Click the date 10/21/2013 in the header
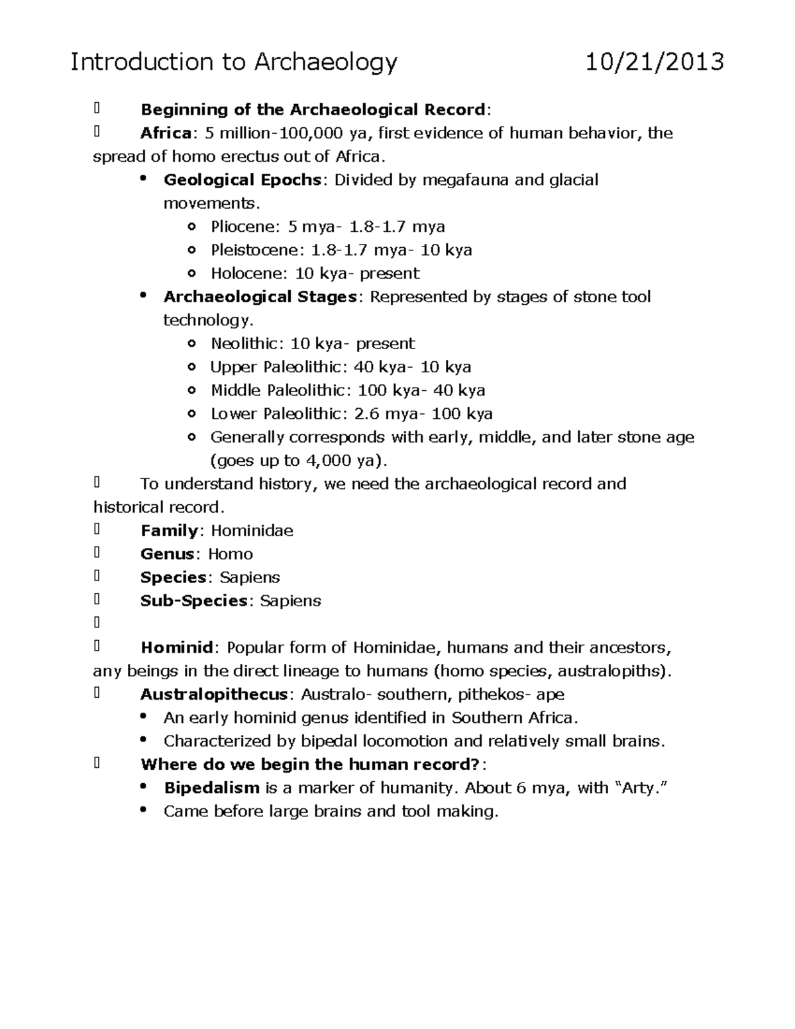tap(655, 62)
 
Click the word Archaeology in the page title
tap(325, 62)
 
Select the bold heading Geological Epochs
tap(242, 180)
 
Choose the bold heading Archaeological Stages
tap(260, 297)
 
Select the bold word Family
tap(169, 531)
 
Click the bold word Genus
tap(167, 554)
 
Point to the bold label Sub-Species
tap(194, 601)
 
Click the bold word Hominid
tap(176, 647)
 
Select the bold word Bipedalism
tap(211, 788)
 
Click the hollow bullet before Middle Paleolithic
tap(191, 391)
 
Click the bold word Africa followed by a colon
tap(166, 133)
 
